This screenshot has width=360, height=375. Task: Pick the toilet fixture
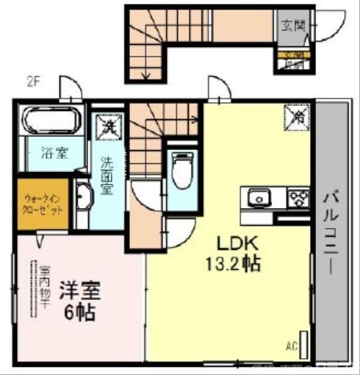179,171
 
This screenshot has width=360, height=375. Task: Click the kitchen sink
259,199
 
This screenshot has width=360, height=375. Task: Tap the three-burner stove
298,198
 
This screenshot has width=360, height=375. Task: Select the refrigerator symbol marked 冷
296,115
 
